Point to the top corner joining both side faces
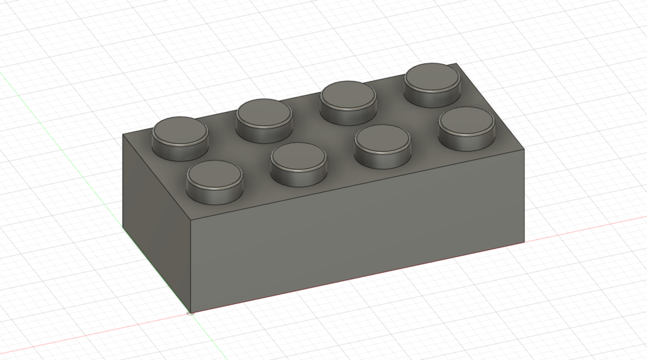tap(191, 220)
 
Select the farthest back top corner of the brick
tap(458, 64)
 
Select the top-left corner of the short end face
tap(123, 134)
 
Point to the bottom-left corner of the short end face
tap(123, 227)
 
